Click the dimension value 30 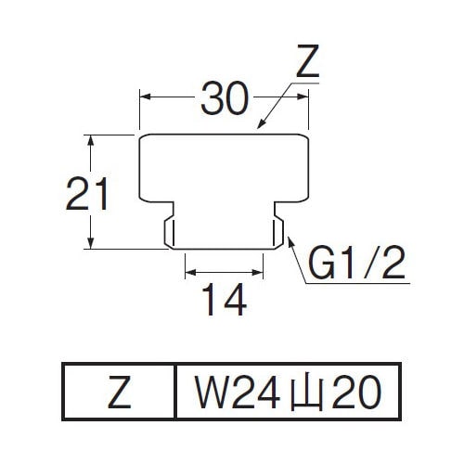(225, 98)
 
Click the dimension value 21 (87, 194)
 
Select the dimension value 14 (225, 300)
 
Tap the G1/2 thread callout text (356, 262)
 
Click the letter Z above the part (307, 61)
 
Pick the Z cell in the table (120, 392)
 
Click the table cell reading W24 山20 (288, 392)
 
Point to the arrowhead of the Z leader (261, 124)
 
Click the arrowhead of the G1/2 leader (290, 240)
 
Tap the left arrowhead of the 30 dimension (145, 97)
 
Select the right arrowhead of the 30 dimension (303, 97)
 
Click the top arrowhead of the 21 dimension (90, 140)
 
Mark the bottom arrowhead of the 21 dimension (90, 243)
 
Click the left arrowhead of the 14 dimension (190, 273)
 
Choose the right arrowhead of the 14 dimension (258, 273)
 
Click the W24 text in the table (237, 392)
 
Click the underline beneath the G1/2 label (357, 283)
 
